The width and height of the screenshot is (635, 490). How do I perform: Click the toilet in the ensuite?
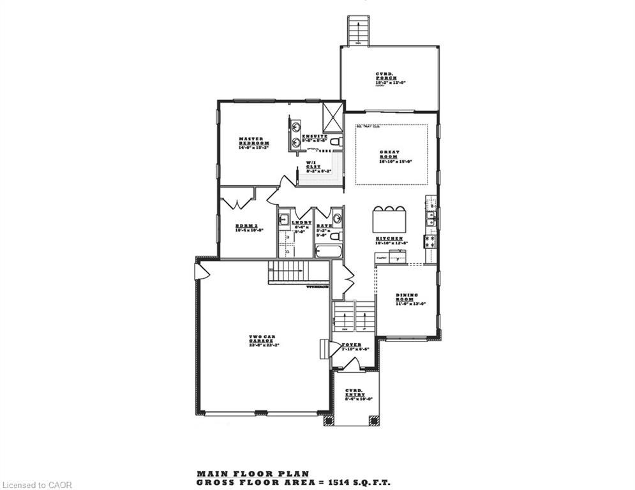coord(336,141)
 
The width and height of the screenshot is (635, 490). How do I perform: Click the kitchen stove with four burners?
coord(430,241)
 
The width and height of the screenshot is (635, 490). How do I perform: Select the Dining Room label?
coord(406,299)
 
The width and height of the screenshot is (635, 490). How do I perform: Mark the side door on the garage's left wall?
coord(202,271)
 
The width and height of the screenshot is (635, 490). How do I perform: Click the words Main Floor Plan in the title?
coord(253,473)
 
